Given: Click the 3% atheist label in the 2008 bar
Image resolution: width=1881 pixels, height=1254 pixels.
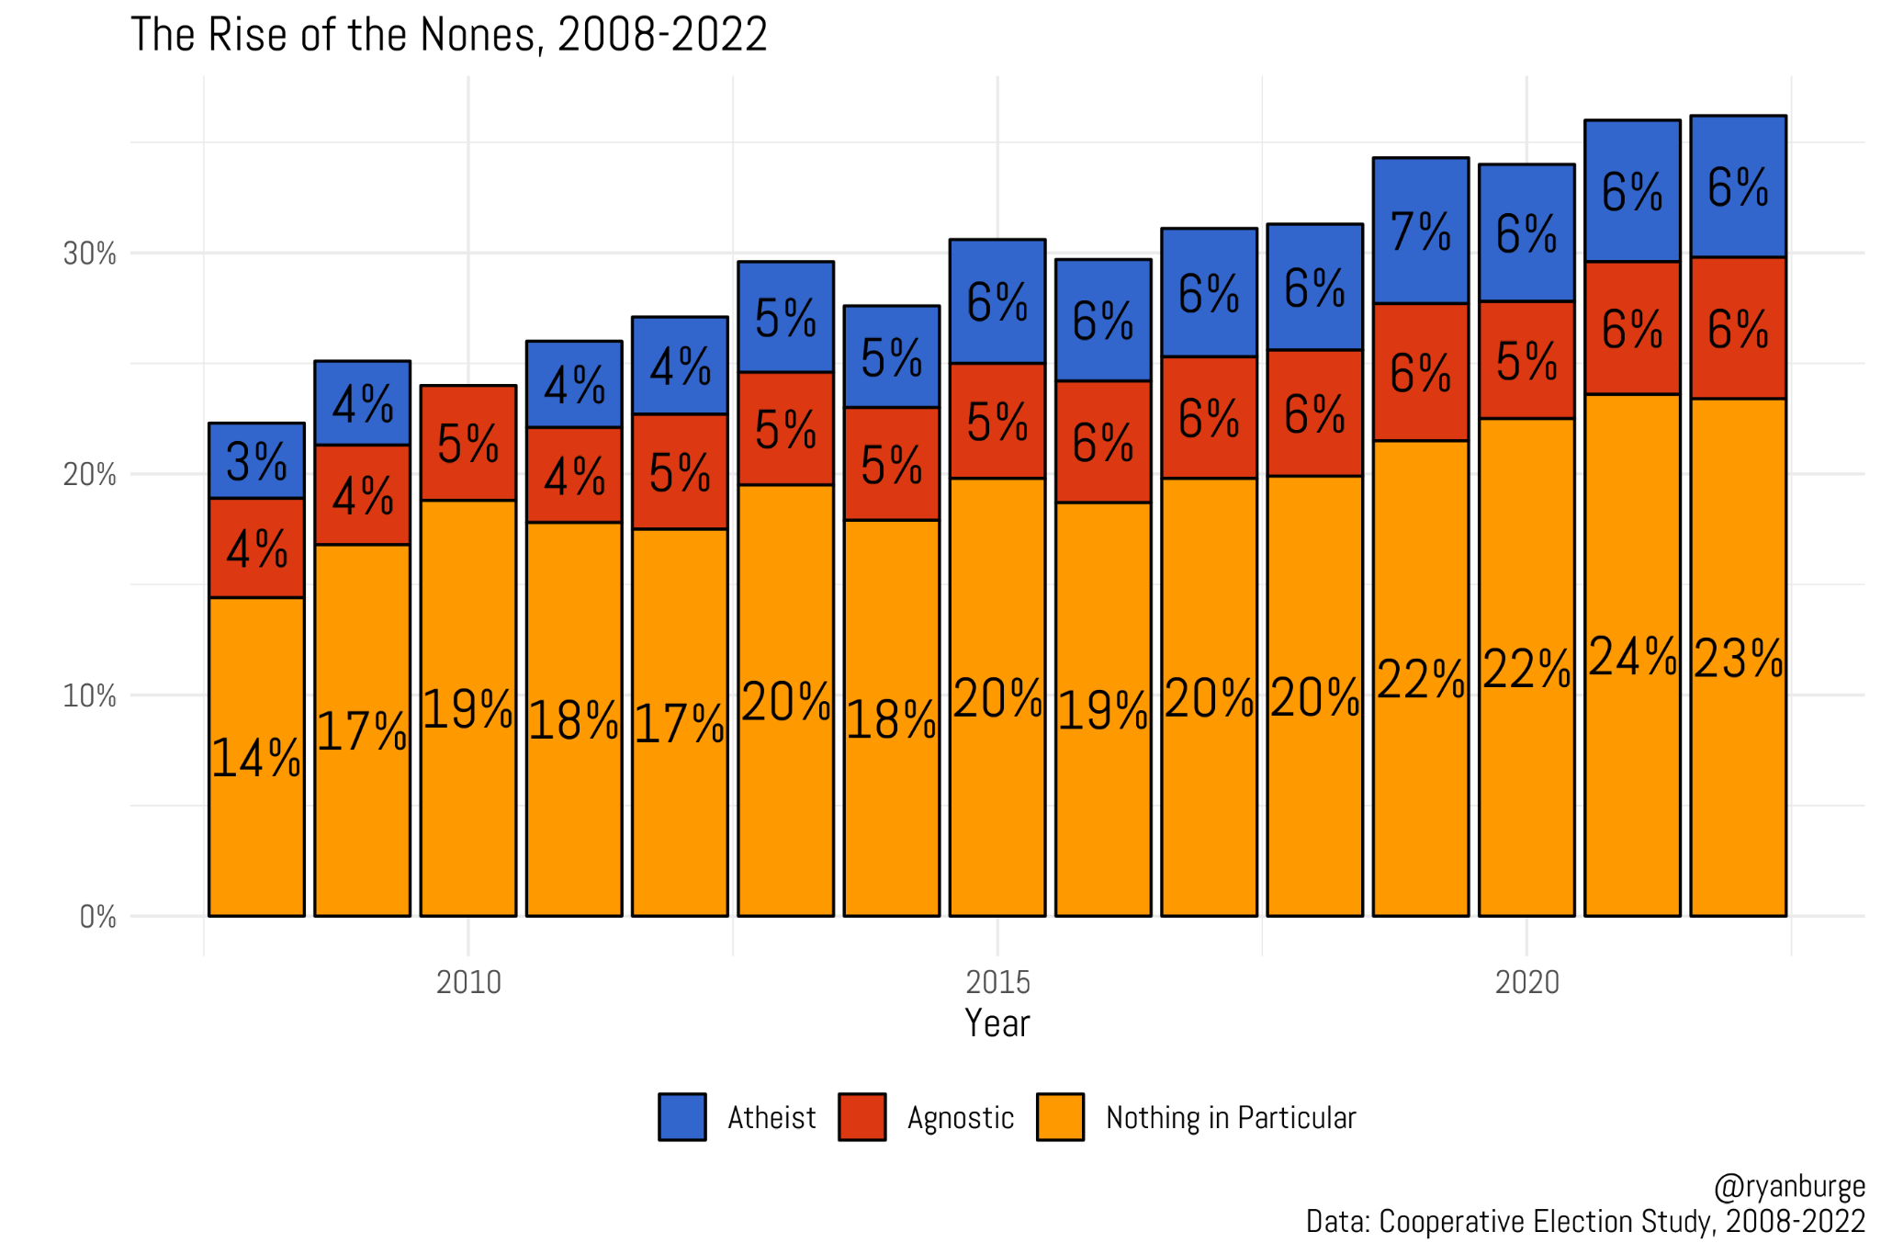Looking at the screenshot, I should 256,461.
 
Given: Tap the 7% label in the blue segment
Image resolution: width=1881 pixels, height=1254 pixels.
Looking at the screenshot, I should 1420,232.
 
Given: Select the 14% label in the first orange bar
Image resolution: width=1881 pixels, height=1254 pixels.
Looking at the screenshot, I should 256,759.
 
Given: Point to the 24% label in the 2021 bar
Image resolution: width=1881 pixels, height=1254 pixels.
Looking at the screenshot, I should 1632,657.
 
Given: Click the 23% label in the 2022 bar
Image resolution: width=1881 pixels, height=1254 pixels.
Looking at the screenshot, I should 1738,660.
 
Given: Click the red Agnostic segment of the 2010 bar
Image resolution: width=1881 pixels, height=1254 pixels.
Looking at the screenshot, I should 468,444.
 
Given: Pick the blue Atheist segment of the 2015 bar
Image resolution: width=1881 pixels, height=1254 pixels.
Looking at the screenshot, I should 997,301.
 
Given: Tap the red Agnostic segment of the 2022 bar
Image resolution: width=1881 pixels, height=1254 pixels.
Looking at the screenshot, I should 1738,328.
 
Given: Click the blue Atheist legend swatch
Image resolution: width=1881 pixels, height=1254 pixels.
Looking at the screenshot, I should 682,1117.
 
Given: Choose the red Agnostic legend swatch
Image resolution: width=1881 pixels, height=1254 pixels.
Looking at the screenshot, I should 862,1117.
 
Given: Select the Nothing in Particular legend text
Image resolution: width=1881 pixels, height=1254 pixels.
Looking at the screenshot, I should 1230,1118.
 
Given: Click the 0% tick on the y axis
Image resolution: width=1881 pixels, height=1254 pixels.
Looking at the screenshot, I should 97,917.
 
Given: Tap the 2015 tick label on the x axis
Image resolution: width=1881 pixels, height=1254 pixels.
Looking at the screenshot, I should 997,983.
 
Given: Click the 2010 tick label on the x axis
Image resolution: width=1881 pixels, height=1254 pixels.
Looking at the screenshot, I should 468,983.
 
